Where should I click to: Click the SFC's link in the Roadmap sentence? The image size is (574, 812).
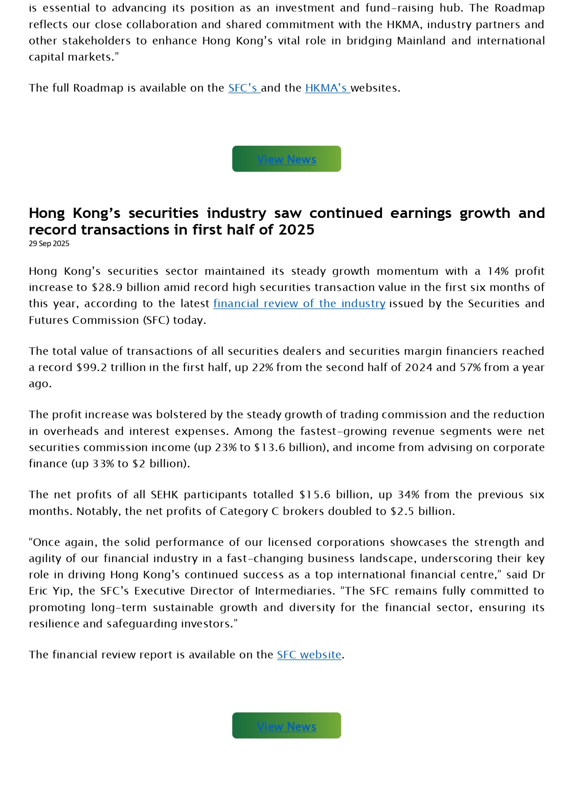point(243,88)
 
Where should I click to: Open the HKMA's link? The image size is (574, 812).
point(327,88)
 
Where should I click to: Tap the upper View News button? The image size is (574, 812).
point(286,159)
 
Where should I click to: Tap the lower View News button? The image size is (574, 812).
point(286,726)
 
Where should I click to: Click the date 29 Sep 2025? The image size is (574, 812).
point(49,244)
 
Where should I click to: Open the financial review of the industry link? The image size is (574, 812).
point(299,304)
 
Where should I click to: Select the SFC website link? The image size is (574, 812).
point(309,655)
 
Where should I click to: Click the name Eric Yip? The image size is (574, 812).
point(50,591)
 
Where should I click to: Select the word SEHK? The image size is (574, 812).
point(164,495)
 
